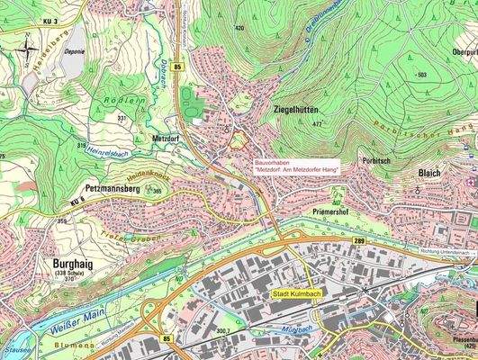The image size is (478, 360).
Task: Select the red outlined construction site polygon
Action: click(239, 139)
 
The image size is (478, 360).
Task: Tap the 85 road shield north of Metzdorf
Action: click(179, 67)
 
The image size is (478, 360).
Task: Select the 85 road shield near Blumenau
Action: click(167, 338)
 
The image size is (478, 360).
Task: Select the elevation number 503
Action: click(421, 74)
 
